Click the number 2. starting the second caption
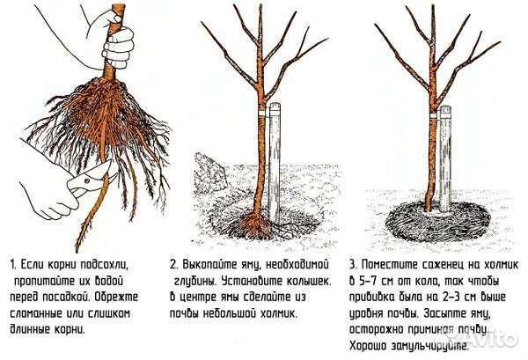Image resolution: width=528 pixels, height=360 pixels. pos(175,263)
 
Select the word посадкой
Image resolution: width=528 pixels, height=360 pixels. pos(72,297)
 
